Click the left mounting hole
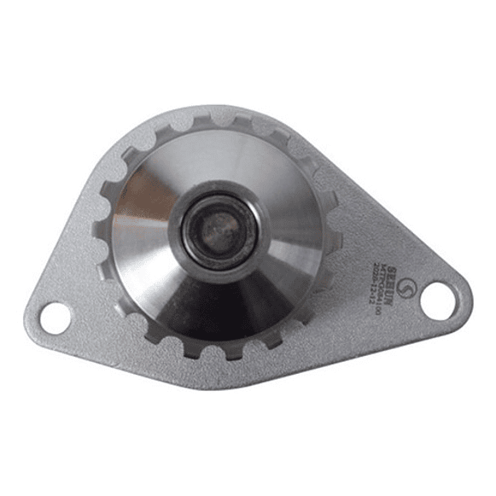(x=54, y=317)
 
